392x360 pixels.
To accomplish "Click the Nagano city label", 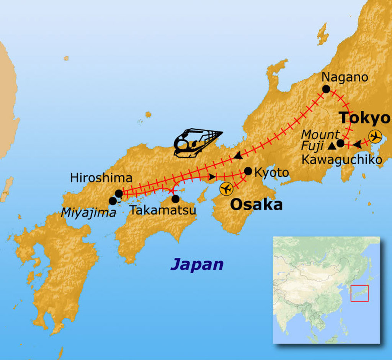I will click(x=345, y=77).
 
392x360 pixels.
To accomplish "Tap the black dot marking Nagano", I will click(x=326, y=89).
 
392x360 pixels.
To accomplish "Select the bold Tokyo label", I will click(x=365, y=118).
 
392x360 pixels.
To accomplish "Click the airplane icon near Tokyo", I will click(x=375, y=136).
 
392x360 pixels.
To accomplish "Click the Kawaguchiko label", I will click(x=341, y=159).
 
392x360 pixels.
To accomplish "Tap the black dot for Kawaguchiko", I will click(x=340, y=144).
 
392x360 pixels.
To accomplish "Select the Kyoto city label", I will click(x=271, y=173).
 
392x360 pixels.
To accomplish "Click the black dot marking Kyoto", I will click(x=248, y=171).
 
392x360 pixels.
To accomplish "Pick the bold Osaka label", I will click(x=256, y=205).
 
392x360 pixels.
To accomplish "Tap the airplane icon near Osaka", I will click(x=226, y=189).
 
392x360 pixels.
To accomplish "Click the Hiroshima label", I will click(x=101, y=178).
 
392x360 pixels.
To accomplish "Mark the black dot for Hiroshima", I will click(x=119, y=193).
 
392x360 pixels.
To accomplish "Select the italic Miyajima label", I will click(x=88, y=213).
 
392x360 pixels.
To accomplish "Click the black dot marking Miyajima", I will click(x=113, y=201).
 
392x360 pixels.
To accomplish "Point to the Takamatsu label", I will click(x=163, y=210).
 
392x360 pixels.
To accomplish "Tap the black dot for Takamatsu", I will click(x=175, y=199).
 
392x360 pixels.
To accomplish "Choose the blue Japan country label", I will click(x=197, y=264).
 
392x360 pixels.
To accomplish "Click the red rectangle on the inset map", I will click(x=359, y=293).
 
